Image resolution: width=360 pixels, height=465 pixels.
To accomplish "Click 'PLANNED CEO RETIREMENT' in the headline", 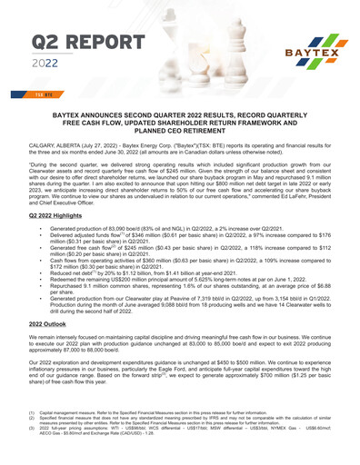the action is (x=179, y=129).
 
